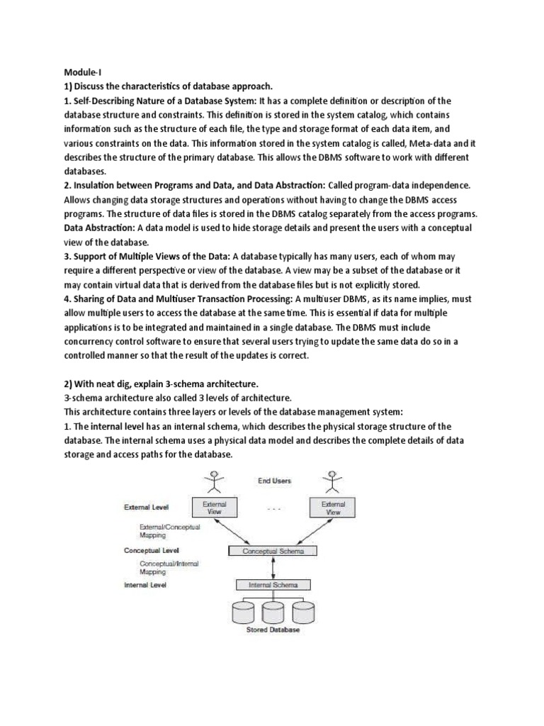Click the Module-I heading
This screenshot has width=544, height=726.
click(83, 72)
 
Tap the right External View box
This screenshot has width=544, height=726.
click(331, 507)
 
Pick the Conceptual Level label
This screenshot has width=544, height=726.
click(152, 549)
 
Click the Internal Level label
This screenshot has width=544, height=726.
click(146, 585)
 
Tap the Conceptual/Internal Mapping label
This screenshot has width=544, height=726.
click(169, 566)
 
